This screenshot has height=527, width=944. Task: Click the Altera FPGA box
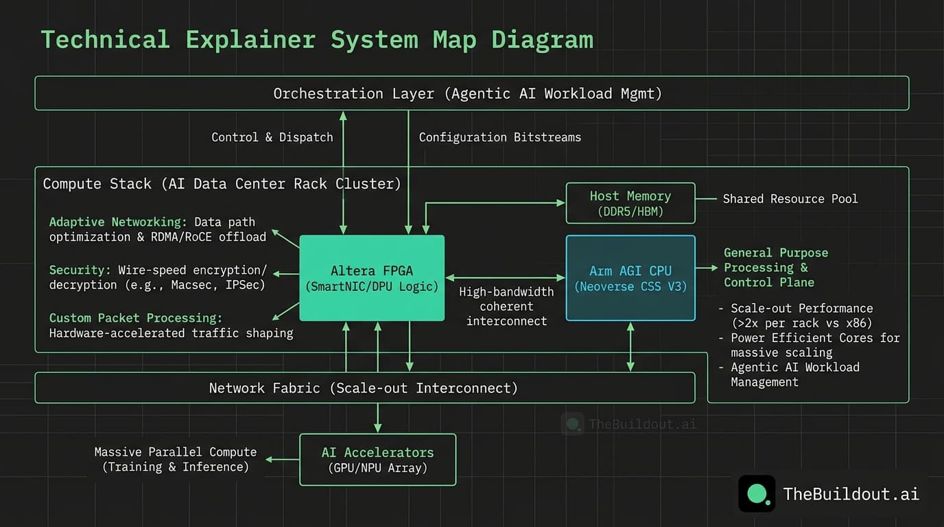point(372,278)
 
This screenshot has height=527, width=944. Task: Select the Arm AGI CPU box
point(630,278)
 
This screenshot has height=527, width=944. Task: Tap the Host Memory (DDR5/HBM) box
point(630,203)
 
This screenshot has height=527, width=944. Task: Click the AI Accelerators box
point(377,460)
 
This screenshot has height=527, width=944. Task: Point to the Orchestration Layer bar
point(471,93)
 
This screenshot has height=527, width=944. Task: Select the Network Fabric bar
point(364,388)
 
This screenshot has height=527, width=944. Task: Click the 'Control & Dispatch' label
point(272,137)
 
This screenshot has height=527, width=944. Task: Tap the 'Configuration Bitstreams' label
point(499,137)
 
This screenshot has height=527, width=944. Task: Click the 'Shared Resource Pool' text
point(790,199)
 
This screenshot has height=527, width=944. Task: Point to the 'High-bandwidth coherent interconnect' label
point(506,306)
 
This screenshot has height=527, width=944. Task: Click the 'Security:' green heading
point(80,270)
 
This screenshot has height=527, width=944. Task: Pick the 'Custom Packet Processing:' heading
point(135,318)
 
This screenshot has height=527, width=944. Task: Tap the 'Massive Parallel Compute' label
point(175,452)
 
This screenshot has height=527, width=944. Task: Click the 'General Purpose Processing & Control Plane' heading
point(775,268)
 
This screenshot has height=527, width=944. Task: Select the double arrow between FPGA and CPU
point(505,278)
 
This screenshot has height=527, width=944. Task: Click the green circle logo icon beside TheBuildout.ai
point(757,493)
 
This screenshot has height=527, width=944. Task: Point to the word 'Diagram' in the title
point(542,40)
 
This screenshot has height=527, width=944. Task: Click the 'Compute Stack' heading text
point(97,184)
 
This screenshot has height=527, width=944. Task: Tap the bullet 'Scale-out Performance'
point(801,309)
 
